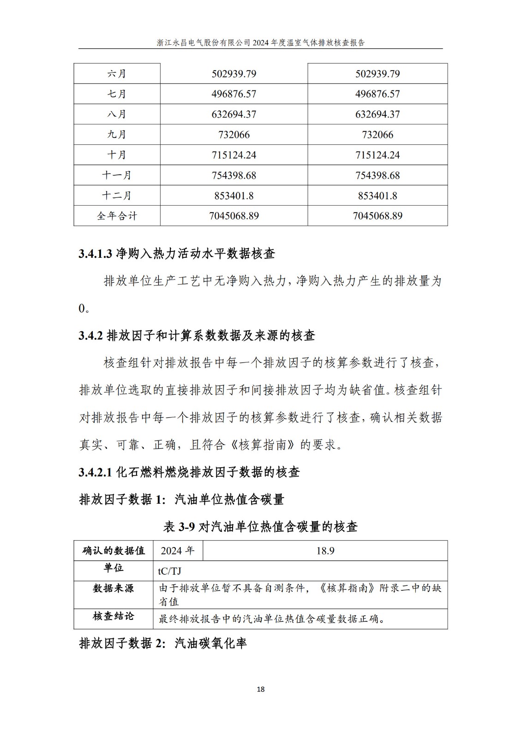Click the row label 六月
click(x=117, y=74)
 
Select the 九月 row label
click(x=117, y=135)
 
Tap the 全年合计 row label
click(x=117, y=216)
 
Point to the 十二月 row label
click(x=117, y=196)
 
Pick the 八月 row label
click(x=117, y=114)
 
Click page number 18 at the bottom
click(x=261, y=689)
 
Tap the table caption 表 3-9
click(x=180, y=527)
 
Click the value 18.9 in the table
click(x=325, y=551)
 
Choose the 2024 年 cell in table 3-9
click(x=178, y=551)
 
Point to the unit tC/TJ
click(x=170, y=571)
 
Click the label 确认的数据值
click(x=114, y=551)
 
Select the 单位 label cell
click(x=114, y=568)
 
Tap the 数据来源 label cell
click(x=114, y=589)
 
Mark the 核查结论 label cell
click(x=114, y=616)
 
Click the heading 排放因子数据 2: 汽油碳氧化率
click(x=163, y=643)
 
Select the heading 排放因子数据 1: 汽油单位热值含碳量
click(x=181, y=500)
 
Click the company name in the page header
click(x=203, y=42)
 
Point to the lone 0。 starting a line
click(x=84, y=309)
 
